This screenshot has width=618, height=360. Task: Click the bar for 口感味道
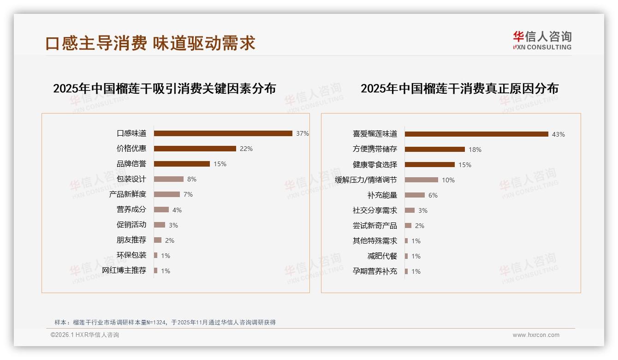(223, 133)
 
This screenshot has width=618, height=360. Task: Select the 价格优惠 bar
(195, 149)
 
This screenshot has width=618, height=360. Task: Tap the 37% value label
(302, 133)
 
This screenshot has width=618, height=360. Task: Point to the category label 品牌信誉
(131, 164)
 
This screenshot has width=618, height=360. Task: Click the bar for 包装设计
(168, 179)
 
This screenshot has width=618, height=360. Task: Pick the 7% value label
(188, 194)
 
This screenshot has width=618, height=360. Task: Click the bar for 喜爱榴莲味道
(476, 134)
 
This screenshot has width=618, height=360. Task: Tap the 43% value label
(558, 134)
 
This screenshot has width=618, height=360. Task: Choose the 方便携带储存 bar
(434, 150)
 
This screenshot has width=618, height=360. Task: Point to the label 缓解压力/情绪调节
(366, 180)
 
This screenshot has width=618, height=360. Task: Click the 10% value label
(448, 180)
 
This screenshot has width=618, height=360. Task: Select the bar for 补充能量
(415, 195)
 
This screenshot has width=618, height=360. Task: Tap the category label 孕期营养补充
(375, 271)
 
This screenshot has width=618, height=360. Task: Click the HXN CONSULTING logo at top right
(542, 41)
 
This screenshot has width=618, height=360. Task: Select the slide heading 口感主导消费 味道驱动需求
(150, 43)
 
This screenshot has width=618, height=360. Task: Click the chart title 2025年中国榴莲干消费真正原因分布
(459, 89)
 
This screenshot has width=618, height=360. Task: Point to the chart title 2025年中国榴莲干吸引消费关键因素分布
(164, 89)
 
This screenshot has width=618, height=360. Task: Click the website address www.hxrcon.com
(536, 335)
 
